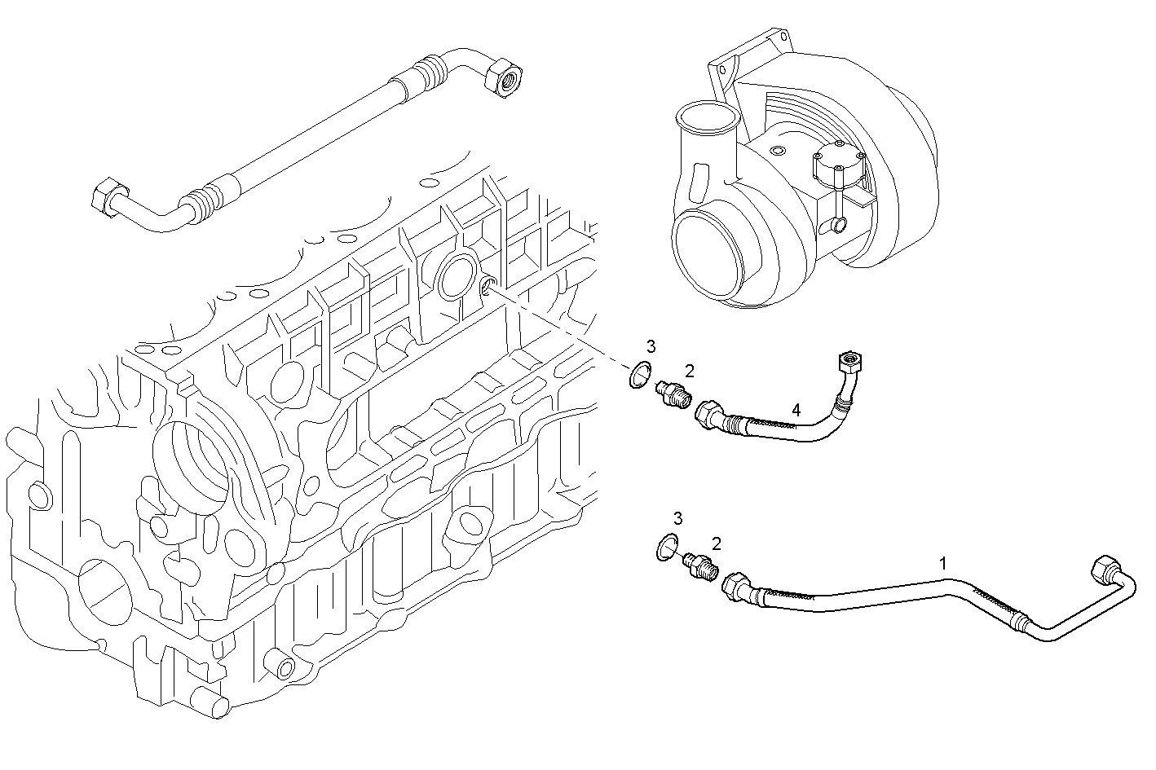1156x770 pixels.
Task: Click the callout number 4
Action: click(x=796, y=410)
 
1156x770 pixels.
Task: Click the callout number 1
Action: click(x=943, y=562)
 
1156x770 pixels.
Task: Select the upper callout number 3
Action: click(x=651, y=346)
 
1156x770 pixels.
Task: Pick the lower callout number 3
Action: click(x=677, y=518)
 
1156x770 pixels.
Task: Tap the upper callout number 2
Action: click(x=690, y=372)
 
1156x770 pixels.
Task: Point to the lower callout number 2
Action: click(x=716, y=543)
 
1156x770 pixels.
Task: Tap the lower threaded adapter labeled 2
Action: click(x=701, y=565)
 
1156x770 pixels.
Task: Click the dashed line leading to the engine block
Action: click(x=563, y=326)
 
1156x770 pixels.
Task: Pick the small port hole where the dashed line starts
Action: click(x=489, y=285)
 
